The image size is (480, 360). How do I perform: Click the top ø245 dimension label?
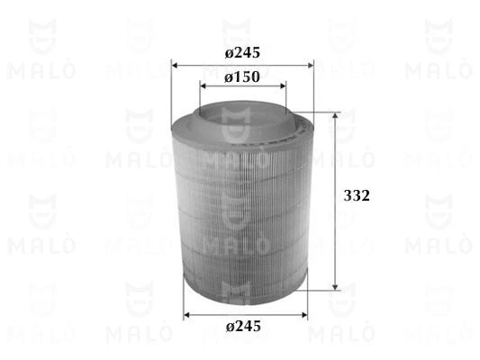(x=242, y=53)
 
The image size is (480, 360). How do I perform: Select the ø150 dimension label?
(x=242, y=77)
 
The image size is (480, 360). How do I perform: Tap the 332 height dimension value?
(x=357, y=196)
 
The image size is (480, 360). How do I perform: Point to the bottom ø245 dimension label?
(x=243, y=327)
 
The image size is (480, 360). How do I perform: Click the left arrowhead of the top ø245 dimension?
(x=175, y=65)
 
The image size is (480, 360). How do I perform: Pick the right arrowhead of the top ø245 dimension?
(x=311, y=65)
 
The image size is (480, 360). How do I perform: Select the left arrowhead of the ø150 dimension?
(x=203, y=85)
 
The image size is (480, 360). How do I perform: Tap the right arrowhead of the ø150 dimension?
(x=283, y=85)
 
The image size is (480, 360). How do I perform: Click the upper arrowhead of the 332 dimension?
(x=335, y=115)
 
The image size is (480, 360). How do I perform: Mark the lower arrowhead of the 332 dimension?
(x=335, y=286)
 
